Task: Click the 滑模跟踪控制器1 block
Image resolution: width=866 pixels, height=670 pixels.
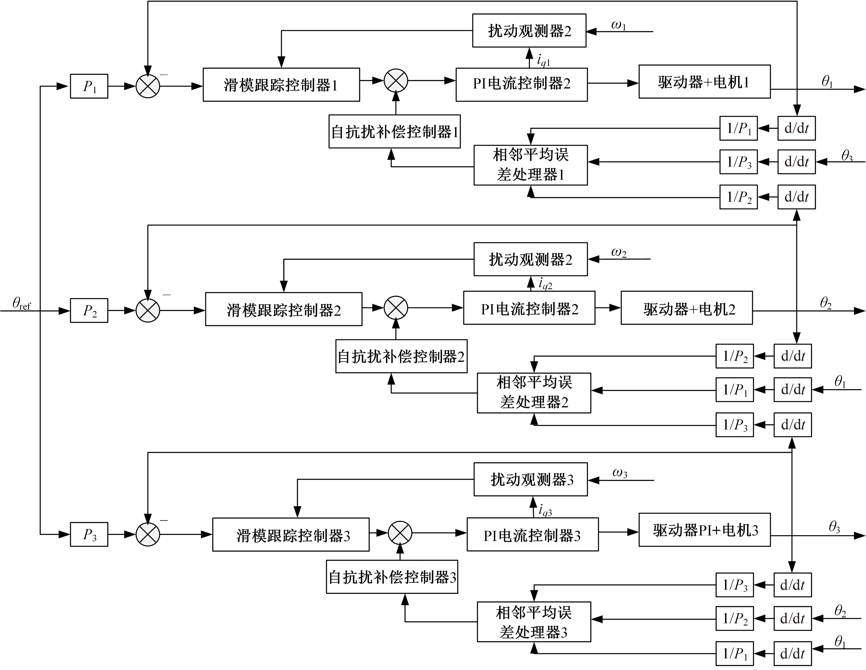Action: point(281,85)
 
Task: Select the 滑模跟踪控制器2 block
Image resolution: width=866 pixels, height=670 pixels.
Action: point(283,309)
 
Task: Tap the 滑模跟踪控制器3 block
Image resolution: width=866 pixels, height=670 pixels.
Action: point(291,534)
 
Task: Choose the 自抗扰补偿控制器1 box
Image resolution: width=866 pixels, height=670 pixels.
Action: point(395,132)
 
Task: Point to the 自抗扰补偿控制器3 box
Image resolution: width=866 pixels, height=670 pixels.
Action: point(392,577)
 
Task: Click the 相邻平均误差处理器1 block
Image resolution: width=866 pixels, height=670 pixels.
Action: point(530,165)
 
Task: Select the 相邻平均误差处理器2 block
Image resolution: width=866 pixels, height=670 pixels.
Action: point(534,393)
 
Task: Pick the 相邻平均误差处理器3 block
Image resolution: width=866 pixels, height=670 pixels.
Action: point(534,622)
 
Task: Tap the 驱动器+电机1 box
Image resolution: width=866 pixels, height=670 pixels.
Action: point(704,82)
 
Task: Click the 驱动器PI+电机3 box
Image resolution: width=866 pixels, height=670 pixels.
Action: point(704,530)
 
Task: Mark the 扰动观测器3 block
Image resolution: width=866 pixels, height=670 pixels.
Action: point(530,479)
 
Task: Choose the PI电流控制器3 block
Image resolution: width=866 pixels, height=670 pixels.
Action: point(532,534)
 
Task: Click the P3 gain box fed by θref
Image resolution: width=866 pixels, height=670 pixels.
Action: point(89,534)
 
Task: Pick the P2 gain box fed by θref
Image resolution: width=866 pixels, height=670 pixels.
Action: point(89,310)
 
